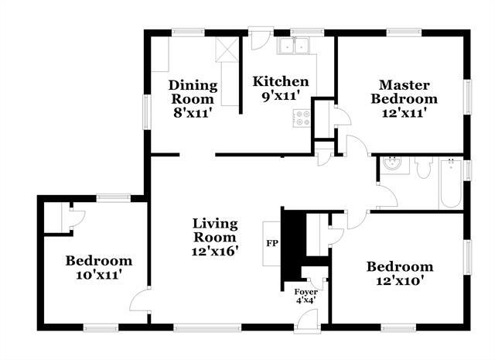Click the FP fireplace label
pos(271,243)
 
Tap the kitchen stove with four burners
pos(301,118)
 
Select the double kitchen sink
pos(294,46)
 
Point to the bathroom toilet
pos(423,167)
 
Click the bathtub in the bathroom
pos(450,183)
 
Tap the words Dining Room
pos(193,92)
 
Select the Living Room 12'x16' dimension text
pos(215,252)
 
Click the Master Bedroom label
pos(404,91)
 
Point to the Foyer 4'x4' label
pos(306,296)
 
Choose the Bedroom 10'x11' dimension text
pos(99,275)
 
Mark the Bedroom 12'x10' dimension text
pos(399,280)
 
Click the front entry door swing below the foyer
pos(307,319)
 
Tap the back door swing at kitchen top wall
pos(260,39)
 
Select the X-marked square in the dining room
pos(227,50)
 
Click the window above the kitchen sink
pos(307,33)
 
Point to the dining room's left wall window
pos(147,111)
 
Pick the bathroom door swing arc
pos(387,196)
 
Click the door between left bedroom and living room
pos(140,300)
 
